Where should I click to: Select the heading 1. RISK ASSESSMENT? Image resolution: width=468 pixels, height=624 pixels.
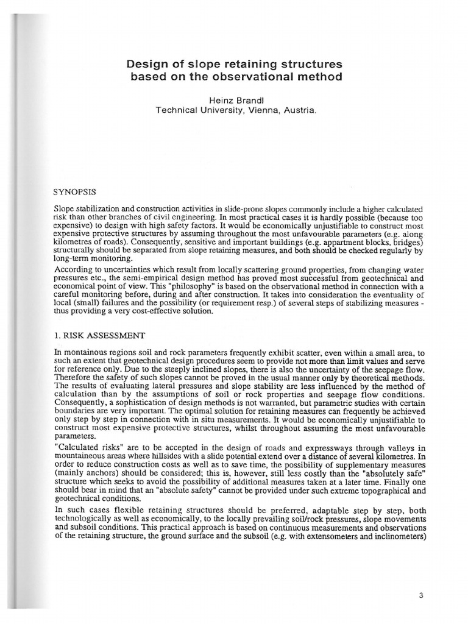pyautogui.click(x=100, y=335)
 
